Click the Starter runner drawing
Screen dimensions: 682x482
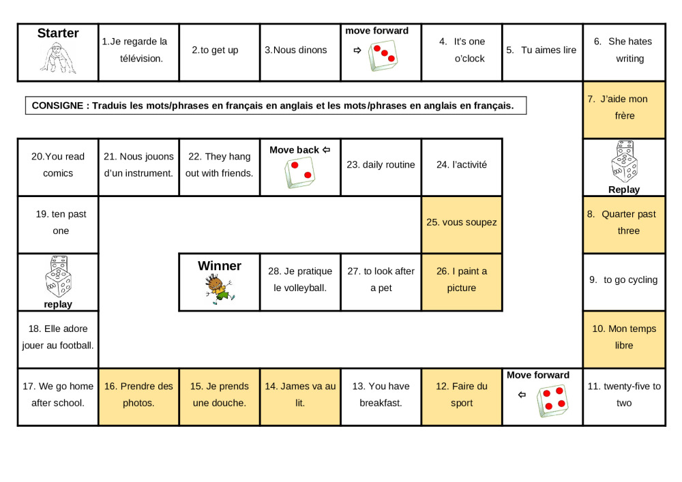pyautogui.click(x=58, y=58)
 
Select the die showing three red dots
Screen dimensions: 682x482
pyautogui.click(x=383, y=56)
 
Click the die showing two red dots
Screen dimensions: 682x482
pyautogui.click(x=299, y=173)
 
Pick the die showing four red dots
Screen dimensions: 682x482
pyautogui.click(x=552, y=402)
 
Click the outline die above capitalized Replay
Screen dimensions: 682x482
pyautogui.click(x=625, y=162)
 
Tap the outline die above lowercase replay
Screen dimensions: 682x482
pyautogui.click(x=59, y=276)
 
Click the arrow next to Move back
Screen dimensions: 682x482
pyautogui.click(x=326, y=150)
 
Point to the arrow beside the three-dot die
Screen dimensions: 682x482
pyautogui.click(x=357, y=50)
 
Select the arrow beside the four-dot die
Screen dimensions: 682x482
pyautogui.click(x=522, y=395)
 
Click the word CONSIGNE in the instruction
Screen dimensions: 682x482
pyautogui.click(x=57, y=106)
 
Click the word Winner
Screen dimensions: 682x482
pyautogui.click(x=220, y=266)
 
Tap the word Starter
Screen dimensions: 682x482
pyautogui.click(x=58, y=33)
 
